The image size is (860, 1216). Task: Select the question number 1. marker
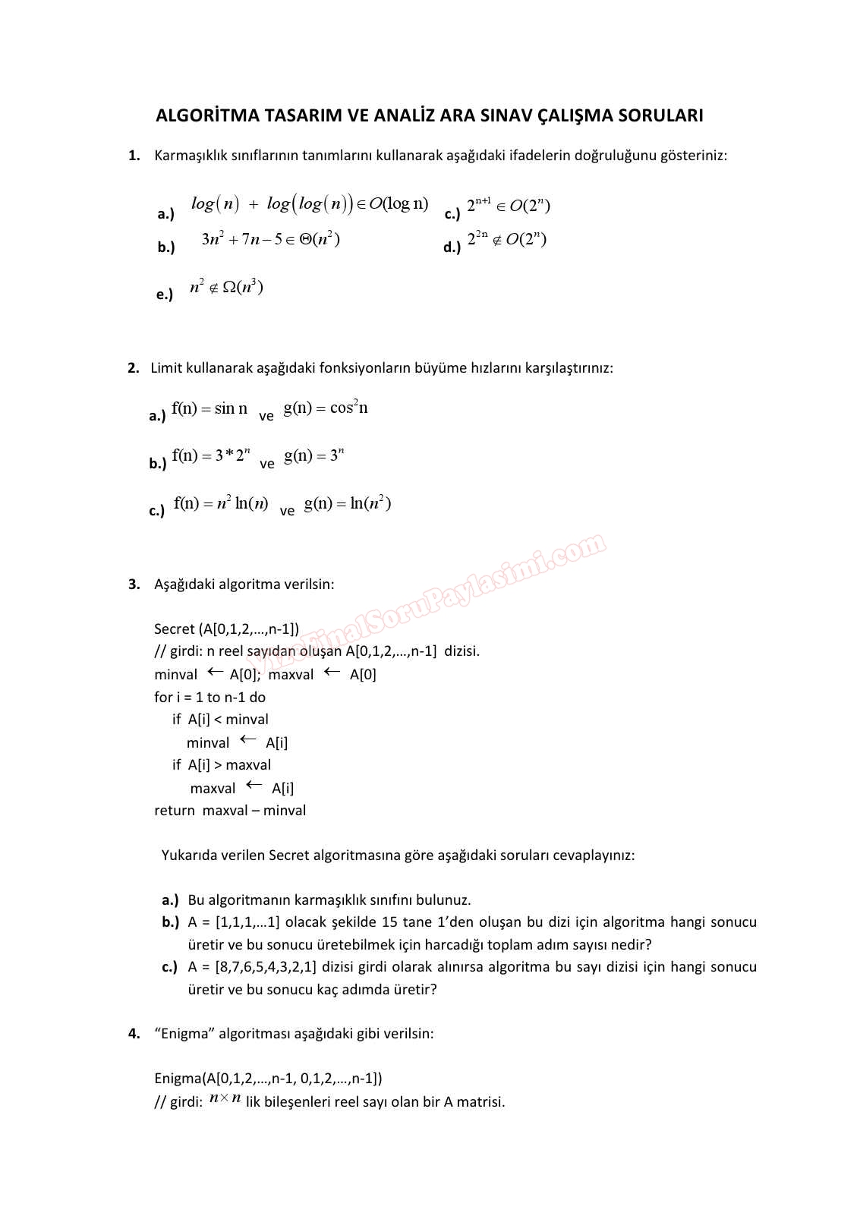tap(134, 156)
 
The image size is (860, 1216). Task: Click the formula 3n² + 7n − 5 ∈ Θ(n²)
tap(271, 239)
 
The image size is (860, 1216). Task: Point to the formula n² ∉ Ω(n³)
tap(226, 287)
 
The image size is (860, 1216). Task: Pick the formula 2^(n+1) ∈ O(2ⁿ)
tap(508, 205)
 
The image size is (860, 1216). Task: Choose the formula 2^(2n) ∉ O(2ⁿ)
tap(506, 239)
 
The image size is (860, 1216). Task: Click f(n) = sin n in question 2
tap(209, 408)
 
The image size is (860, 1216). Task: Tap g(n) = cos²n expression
tap(326, 408)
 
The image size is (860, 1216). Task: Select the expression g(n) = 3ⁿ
tap(314, 455)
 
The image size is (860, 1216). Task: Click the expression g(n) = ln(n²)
tap(348, 503)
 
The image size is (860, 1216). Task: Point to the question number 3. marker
tap(134, 584)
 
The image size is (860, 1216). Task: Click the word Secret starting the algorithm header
tap(174, 628)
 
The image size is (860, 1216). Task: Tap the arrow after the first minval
tap(216, 672)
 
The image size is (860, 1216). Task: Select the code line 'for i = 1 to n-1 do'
tap(209, 697)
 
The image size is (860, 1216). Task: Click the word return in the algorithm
tap(174, 810)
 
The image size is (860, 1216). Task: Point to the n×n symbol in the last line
tap(225, 1098)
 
